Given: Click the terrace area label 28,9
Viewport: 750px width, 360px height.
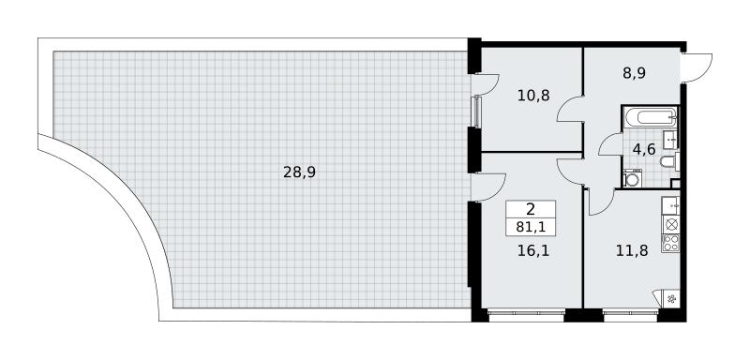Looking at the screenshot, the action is [x=299, y=172].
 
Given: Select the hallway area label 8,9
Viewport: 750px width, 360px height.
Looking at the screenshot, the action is [x=634, y=73].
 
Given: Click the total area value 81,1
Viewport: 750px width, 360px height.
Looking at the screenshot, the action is [x=531, y=228].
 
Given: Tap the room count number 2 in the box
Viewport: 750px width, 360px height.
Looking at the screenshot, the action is [x=531, y=209].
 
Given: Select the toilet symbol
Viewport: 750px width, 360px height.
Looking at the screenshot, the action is [x=668, y=161].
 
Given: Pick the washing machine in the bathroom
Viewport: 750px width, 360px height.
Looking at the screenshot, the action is [x=632, y=178].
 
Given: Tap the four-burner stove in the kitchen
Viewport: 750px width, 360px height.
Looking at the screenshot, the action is [x=670, y=243].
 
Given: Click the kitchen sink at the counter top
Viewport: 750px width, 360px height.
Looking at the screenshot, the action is [x=670, y=205].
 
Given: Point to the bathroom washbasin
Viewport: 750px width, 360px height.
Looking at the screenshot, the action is [x=670, y=139].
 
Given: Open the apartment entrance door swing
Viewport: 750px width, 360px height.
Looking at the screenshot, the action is [x=697, y=67].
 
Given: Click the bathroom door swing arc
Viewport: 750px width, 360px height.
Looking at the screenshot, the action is [x=610, y=144].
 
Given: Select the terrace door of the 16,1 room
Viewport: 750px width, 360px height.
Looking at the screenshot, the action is [x=487, y=187].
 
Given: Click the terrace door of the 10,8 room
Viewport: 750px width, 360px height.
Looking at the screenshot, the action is [x=485, y=84].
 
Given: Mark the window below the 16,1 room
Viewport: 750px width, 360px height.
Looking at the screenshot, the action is [x=526, y=314].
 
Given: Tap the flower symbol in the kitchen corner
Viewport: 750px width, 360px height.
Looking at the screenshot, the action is [x=671, y=299].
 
